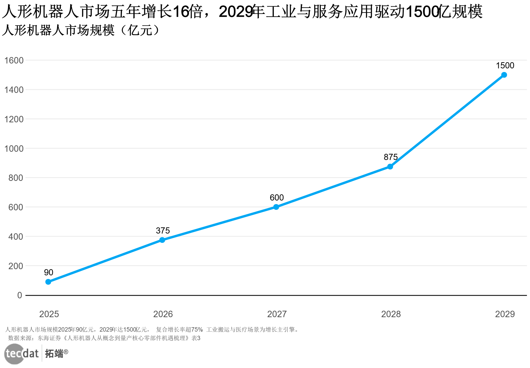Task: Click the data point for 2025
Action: pos(48,282)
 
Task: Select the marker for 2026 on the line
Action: pos(162,240)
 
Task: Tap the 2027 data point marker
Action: pos(276,207)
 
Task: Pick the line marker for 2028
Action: pos(390,167)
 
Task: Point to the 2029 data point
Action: pos(504,75)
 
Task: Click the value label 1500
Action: pos(505,66)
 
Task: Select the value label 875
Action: pos(390,157)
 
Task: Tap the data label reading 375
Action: pos(163,230)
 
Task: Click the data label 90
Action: pos(48,272)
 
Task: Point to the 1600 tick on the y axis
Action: pos(14,60)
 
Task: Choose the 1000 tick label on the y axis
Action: pos(14,149)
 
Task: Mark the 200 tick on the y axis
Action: pos(16,266)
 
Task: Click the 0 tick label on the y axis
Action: pos(20,295)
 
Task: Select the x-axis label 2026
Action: pos(163,314)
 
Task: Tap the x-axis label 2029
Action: pos(505,314)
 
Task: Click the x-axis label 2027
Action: pos(277,314)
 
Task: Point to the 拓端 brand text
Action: pos(54,354)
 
